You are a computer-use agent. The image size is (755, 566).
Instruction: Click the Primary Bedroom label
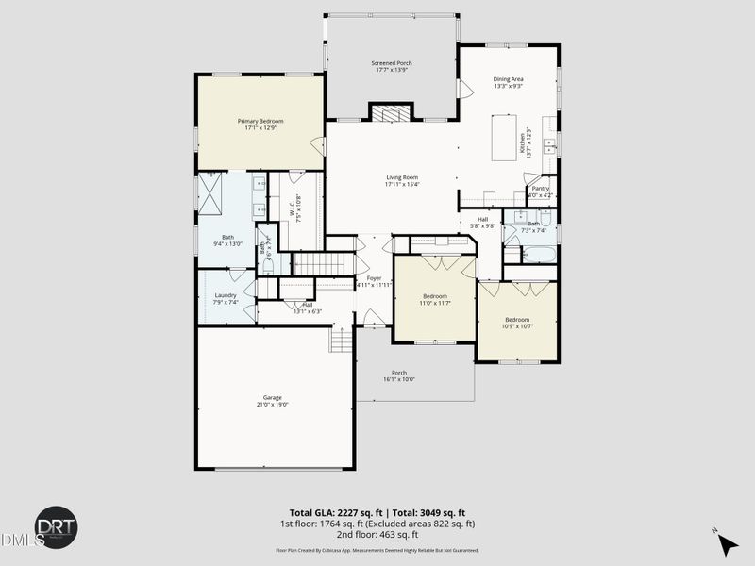click(x=260, y=121)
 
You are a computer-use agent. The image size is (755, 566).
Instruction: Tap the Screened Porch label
click(x=391, y=63)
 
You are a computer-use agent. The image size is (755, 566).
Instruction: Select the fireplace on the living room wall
click(x=391, y=113)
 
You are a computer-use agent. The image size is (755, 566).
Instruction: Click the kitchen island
click(x=504, y=138)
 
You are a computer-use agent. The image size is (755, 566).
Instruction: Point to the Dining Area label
click(x=508, y=79)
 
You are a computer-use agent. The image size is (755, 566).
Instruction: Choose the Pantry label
click(x=540, y=188)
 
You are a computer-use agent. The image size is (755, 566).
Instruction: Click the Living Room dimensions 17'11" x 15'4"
click(x=401, y=184)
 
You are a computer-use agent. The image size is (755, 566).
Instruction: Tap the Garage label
click(x=273, y=397)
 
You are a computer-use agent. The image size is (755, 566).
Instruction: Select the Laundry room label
click(x=225, y=295)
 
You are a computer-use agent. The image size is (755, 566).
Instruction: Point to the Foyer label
click(x=374, y=277)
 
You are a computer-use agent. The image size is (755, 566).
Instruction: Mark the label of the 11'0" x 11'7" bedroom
click(x=434, y=296)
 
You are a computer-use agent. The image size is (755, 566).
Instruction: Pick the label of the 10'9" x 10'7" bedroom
click(x=516, y=319)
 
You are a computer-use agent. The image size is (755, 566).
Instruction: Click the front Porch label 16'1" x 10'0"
click(x=399, y=373)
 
